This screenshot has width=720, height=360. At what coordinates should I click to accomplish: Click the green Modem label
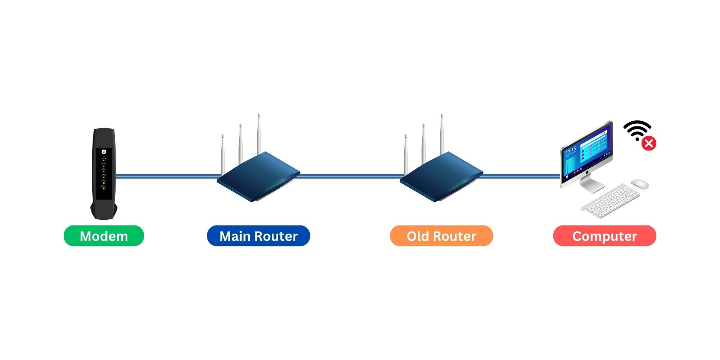point(104,236)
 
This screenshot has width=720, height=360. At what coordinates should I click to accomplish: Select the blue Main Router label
point(258,236)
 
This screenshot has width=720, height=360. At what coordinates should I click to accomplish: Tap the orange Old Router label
point(441,236)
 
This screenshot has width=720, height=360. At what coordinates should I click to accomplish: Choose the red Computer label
point(604,236)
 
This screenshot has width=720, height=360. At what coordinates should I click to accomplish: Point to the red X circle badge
point(649,143)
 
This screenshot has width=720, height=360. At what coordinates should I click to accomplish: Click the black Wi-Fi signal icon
point(637,129)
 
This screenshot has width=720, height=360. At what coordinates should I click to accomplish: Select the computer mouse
point(639,184)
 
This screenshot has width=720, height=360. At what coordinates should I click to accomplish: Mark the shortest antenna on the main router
point(223,154)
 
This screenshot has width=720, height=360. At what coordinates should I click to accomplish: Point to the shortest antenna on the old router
point(406,154)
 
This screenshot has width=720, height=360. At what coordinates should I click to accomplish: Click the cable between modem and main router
point(167,176)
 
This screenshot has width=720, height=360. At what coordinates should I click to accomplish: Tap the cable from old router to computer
point(521,176)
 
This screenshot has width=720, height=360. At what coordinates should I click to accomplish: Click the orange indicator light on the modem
point(104,187)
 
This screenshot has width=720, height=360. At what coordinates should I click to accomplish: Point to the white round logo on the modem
point(104,152)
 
